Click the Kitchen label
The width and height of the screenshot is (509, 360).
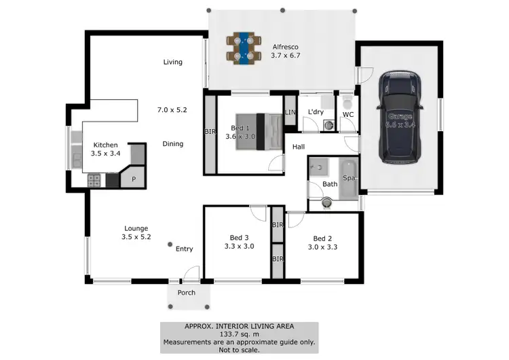(x=106, y=145)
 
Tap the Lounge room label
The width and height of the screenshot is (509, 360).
(x=136, y=228)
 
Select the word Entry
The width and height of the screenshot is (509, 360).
(x=185, y=249)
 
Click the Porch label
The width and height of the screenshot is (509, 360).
(x=187, y=293)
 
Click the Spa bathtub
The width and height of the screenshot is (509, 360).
(x=348, y=179)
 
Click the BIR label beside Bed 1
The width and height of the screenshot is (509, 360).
(x=210, y=132)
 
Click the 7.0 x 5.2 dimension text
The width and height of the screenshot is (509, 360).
(x=172, y=109)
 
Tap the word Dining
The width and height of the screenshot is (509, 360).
(x=173, y=144)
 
